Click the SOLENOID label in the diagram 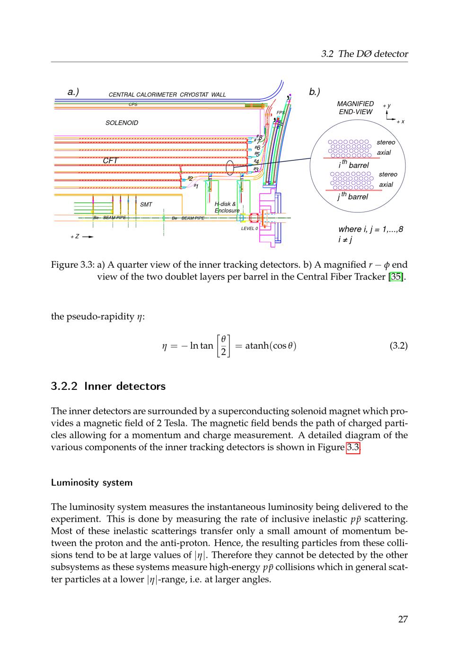click(122, 123)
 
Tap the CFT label click(110, 161)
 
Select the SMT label click(146, 204)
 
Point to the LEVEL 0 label click(249, 228)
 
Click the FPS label click(280, 113)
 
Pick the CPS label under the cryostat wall click(133, 104)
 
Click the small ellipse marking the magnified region click(230, 167)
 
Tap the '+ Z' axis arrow click(81, 236)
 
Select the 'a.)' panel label click(73, 92)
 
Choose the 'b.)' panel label click(315, 92)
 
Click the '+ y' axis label click(386, 106)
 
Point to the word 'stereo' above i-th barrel click(385, 142)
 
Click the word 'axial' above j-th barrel click(386, 185)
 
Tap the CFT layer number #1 click(195, 186)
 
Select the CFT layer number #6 click(257, 148)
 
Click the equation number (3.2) click(398, 345)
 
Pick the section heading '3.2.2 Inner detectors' click(108, 386)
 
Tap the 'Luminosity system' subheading click(91, 483)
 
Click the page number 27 click(403, 619)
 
